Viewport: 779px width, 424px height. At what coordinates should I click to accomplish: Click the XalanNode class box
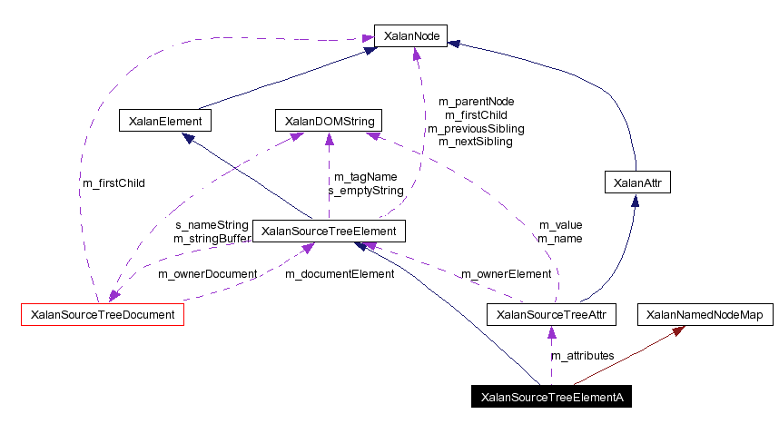[x=411, y=36]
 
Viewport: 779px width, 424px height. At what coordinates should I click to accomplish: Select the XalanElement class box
[x=165, y=121]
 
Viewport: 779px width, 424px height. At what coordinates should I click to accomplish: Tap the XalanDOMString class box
[x=329, y=121]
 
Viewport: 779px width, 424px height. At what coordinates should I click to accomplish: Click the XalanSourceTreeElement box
[x=328, y=232]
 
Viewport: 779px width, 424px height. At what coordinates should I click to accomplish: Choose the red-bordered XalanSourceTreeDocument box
[x=103, y=315]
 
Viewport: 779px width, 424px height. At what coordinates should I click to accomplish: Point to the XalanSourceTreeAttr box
[x=552, y=315]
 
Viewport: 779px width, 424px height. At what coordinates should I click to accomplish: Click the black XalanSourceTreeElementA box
[x=551, y=397]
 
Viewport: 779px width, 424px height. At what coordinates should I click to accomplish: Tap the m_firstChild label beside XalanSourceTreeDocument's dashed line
[x=113, y=182]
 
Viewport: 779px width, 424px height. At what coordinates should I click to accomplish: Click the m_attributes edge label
[x=583, y=355]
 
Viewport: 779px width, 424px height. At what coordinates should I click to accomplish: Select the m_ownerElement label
[x=506, y=273]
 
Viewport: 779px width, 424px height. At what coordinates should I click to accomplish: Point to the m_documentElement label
[x=340, y=273]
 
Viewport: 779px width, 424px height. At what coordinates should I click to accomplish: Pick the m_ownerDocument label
[x=202, y=273]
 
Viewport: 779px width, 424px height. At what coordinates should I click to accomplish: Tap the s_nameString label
[x=211, y=224]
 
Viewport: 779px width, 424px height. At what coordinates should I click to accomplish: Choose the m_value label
[x=560, y=224]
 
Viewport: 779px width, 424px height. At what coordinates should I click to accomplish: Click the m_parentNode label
[x=476, y=101]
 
